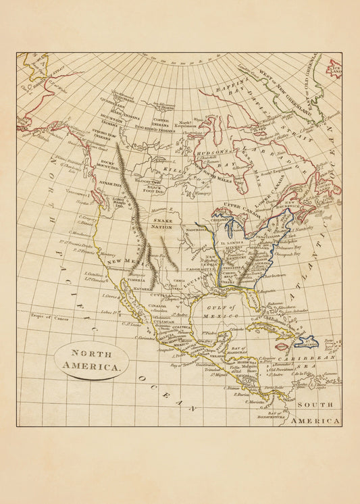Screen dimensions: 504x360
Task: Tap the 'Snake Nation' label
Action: point(162,224)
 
